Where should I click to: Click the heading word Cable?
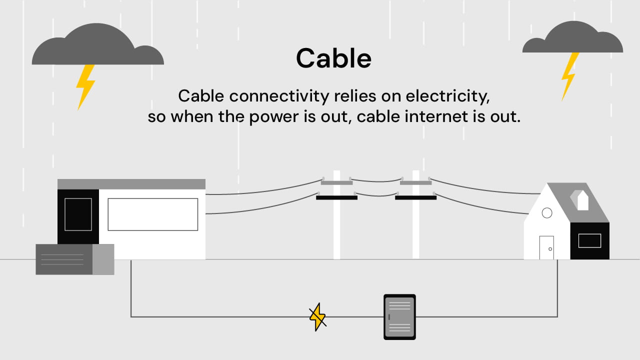click(333, 58)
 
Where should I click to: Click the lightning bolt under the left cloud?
click(85, 86)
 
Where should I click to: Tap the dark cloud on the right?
click(572, 40)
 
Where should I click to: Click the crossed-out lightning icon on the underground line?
click(317, 316)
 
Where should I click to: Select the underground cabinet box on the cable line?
click(399, 316)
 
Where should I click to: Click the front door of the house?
click(546, 247)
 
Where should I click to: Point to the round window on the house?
click(547, 213)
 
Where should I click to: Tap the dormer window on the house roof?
click(583, 201)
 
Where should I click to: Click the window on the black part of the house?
click(589, 240)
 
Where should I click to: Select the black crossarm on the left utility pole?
click(336, 197)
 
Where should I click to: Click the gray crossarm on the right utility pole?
click(415, 182)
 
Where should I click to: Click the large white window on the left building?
click(152, 214)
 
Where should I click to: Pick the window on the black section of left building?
click(78, 214)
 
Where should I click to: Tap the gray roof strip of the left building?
click(131, 184)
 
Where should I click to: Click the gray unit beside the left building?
click(74, 259)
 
